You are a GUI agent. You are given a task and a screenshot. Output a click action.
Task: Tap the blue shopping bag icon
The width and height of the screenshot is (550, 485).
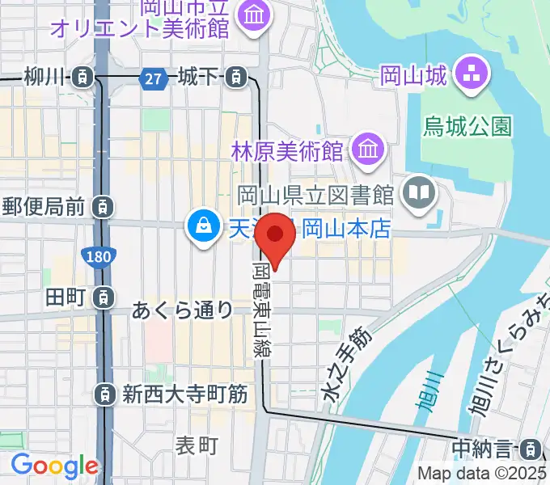tap(199, 227)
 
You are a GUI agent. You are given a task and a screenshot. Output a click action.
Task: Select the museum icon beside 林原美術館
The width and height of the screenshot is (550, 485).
tap(369, 150)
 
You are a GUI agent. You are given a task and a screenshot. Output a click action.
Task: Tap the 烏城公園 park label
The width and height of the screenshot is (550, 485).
tap(468, 126)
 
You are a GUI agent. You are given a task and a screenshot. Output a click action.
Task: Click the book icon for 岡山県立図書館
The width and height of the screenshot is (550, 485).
tap(420, 193)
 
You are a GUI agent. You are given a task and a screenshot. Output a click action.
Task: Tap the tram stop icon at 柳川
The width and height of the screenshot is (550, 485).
tap(82, 78)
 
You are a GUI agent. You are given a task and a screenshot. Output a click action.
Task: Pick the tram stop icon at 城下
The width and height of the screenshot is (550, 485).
tap(235, 78)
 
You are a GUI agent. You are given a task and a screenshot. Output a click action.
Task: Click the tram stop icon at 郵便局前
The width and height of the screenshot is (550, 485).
tap(103, 207)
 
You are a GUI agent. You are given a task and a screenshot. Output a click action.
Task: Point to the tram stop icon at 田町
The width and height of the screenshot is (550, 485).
tap(103, 297)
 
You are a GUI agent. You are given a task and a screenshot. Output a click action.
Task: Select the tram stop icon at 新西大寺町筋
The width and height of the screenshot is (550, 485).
tap(104, 394)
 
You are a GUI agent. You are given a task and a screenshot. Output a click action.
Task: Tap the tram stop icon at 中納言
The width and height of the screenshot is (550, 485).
tap(531, 448)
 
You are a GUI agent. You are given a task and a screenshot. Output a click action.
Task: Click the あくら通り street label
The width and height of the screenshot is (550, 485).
tap(182, 310)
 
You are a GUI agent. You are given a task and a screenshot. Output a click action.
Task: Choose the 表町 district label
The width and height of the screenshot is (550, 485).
tap(197, 445)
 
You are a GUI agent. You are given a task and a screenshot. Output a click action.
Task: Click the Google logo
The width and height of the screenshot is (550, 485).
tap(54, 466)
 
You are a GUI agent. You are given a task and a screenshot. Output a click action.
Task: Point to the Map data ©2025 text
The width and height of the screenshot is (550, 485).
tap(480, 474)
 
